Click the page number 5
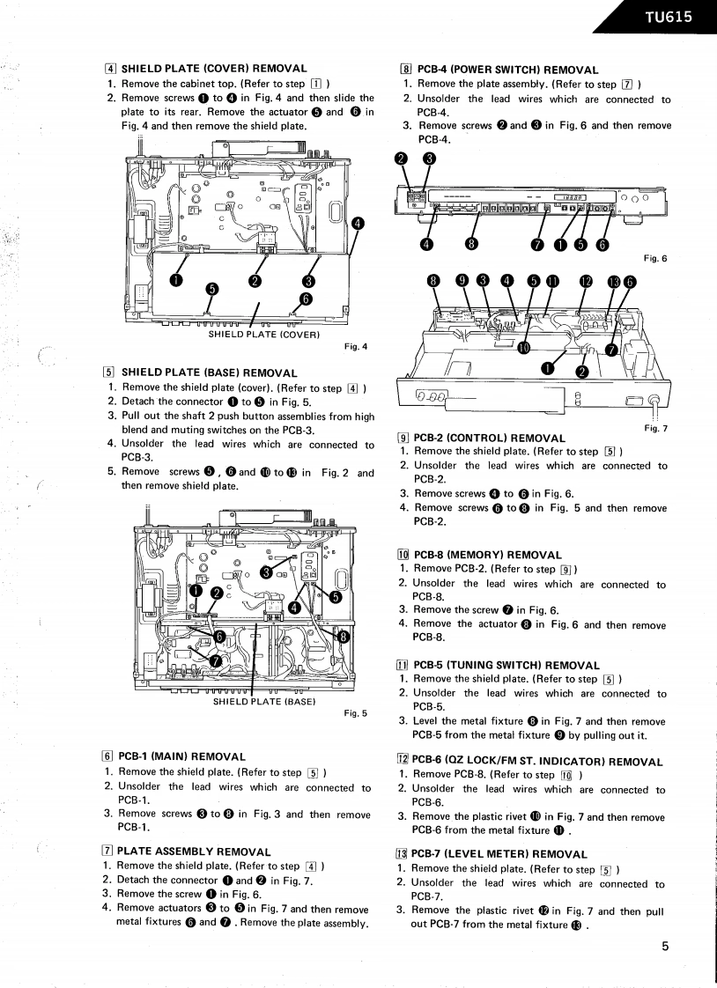(x=666, y=947)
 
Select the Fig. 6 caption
(x=656, y=258)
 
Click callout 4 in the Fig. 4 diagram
(x=358, y=224)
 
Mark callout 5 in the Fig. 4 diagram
(x=211, y=289)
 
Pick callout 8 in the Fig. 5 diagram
(x=344, y=636)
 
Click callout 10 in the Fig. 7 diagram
(x=525, y=346)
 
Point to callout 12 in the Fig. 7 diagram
(x=586, y=281)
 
